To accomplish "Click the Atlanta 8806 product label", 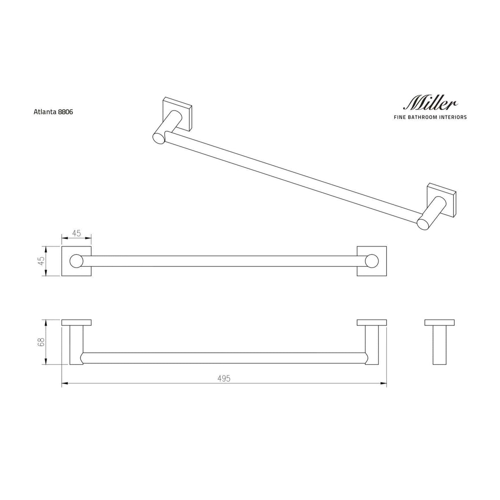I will tap(53, 112).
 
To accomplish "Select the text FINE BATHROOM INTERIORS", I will tap(430, 117).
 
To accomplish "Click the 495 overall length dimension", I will tap(224, 379).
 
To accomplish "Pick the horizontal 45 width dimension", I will tap(76, 233).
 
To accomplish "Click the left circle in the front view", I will tap(76, 261).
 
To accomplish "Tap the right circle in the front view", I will tap(372, 261).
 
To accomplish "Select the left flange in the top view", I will tap(76, 322).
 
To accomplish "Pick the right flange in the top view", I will tap(372, 322).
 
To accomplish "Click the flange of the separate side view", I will tap(439, 322).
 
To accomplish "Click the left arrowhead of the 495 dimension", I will tap(64, 384).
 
